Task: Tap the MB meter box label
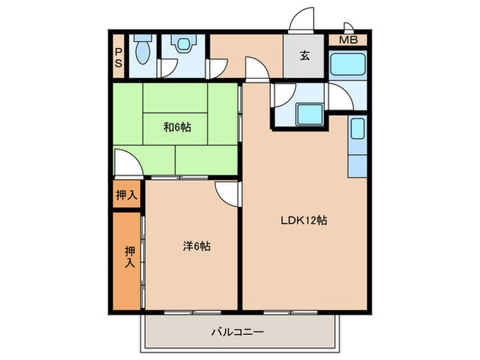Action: (348, 40)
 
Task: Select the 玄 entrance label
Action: (304, 56)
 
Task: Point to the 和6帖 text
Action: (177, 127)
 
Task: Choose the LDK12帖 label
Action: (304, 221)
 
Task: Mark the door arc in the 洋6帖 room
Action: (226, 193)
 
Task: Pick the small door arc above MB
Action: (348, 27)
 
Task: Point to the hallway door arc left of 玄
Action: (255, 70)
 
